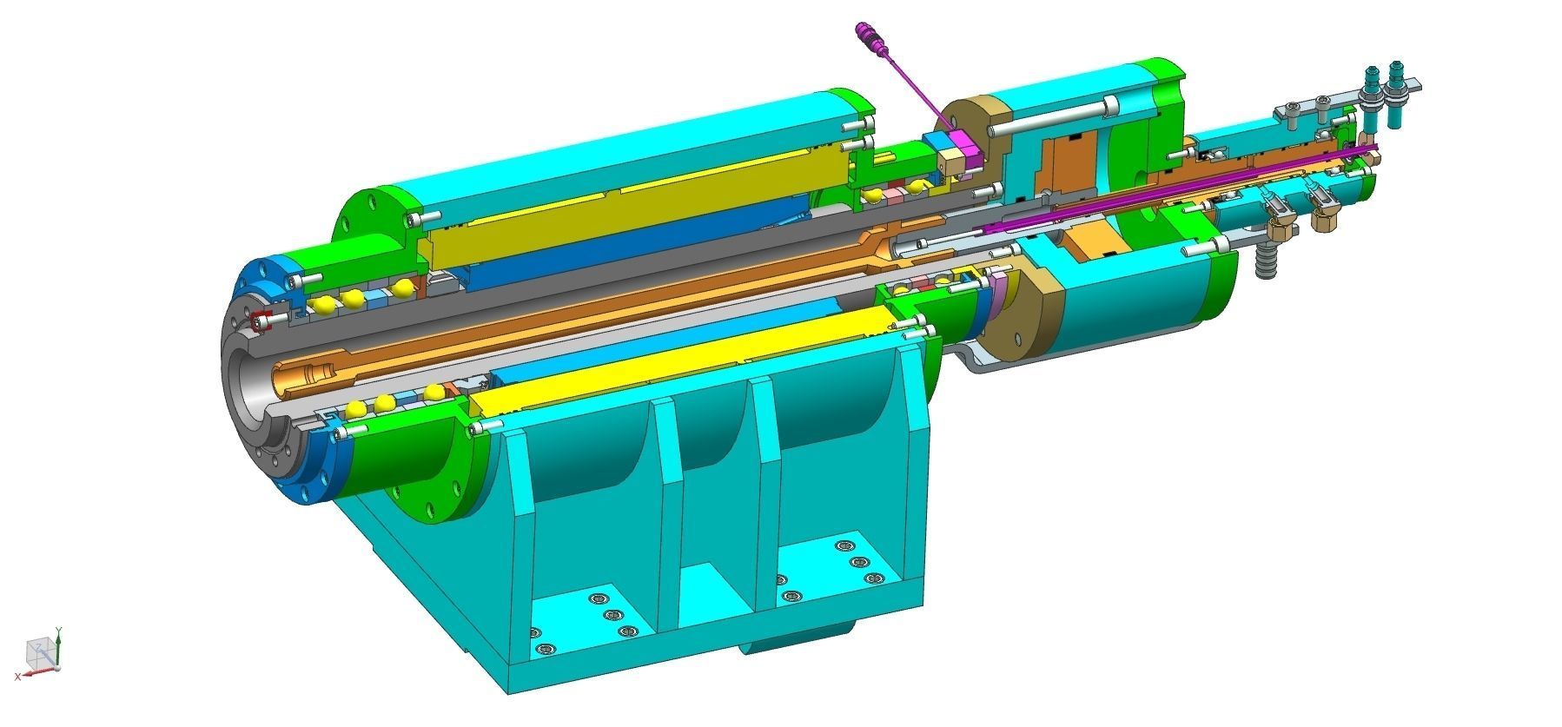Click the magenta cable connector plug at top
point(870,36)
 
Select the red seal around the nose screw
point(258,322)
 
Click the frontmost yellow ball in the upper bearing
point(323,305)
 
